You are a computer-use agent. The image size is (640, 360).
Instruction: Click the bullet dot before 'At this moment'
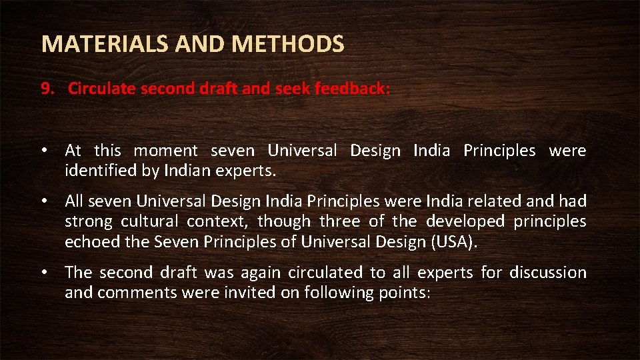[44, 151]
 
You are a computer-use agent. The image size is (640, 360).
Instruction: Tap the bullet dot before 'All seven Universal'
[44, 201]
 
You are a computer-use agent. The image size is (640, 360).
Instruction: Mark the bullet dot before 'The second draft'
[44, 273]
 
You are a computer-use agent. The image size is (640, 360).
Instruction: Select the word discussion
[548, 273]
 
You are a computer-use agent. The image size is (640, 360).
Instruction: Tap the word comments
[136, 292]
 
